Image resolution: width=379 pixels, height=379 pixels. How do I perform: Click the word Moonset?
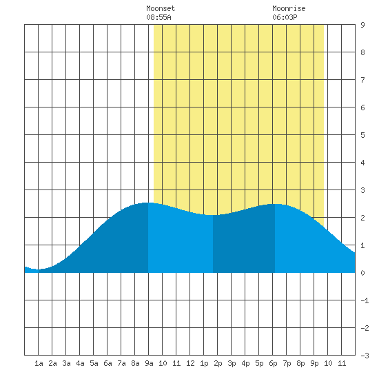(161, 8)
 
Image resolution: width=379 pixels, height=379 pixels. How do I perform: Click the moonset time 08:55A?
(158, 17)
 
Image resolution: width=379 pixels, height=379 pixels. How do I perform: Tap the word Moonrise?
(289, 8)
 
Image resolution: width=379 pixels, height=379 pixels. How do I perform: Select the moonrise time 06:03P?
(285, 17)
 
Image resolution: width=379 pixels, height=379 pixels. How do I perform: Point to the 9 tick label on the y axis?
(362, 25)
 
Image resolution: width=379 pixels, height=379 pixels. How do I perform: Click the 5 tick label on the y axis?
(362, 135)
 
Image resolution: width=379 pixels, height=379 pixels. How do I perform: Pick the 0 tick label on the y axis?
(362, 273)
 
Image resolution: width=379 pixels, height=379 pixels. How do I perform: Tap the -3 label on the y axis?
(365, 356)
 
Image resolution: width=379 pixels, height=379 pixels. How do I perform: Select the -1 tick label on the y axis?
(365, 300)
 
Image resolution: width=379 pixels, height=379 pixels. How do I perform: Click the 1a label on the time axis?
(39, 363)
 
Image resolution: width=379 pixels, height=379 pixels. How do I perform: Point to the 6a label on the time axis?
(107, 363)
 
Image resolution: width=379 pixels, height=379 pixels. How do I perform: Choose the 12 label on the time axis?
(190, 363)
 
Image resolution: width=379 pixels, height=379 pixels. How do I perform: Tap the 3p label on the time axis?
(232, 363)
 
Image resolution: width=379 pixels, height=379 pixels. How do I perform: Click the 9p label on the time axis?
(314, 363)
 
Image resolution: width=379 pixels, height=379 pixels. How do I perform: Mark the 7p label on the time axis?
(287, 363)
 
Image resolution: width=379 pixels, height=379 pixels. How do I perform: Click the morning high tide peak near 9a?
(148, 203)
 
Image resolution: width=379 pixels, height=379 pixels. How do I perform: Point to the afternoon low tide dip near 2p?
(213, 215)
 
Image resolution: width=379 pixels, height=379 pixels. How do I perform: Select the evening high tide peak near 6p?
(275, 204)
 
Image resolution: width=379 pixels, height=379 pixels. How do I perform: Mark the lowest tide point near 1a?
(38, 269)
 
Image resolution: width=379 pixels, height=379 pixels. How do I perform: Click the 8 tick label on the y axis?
(362, 52)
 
